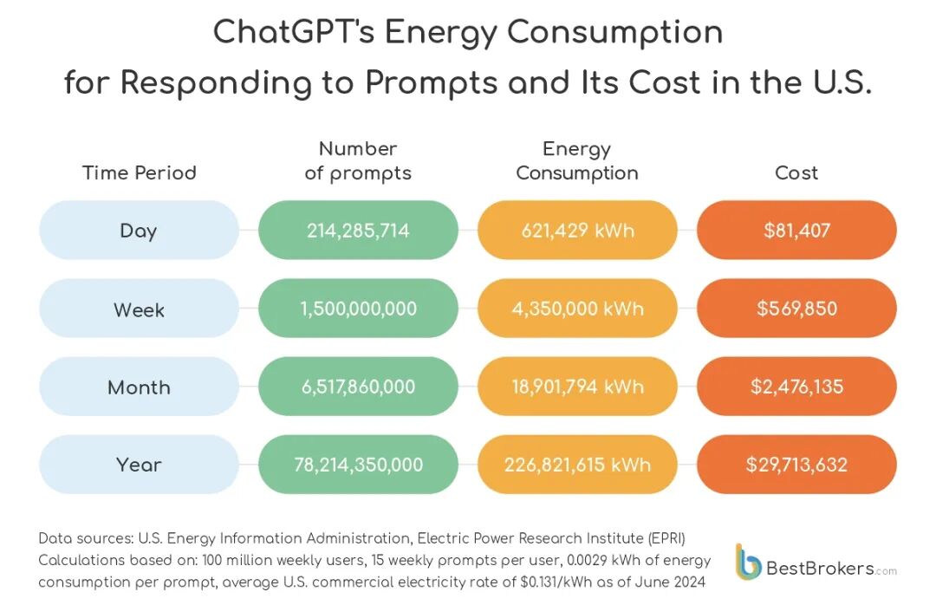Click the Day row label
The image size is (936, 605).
coord(139,230)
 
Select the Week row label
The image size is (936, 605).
coord(139,309)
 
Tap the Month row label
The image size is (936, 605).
coord(139,387)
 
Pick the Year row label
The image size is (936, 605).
coord(139,464)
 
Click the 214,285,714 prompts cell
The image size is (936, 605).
coord(358,230)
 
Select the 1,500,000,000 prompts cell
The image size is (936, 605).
coord(358,309)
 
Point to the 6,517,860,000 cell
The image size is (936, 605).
coord(358,387)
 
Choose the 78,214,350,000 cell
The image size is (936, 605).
coord(358,464)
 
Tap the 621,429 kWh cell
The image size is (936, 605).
coord(577,230)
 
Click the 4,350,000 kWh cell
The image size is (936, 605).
coord(577,309)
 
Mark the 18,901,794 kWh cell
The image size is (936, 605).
coord(577,387)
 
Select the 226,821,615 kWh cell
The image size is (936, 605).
coord(577,464)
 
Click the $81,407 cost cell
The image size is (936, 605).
coord(797,230)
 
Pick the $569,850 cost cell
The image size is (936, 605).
coord(797,309)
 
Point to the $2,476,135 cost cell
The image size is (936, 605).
coord(797,387)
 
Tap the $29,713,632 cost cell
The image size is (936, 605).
coord(797,464)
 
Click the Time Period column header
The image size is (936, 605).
coord(139,172)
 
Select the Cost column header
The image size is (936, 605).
coord(796,172)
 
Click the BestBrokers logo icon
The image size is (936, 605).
coord(748,562)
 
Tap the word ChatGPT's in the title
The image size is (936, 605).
coord(294,32)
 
